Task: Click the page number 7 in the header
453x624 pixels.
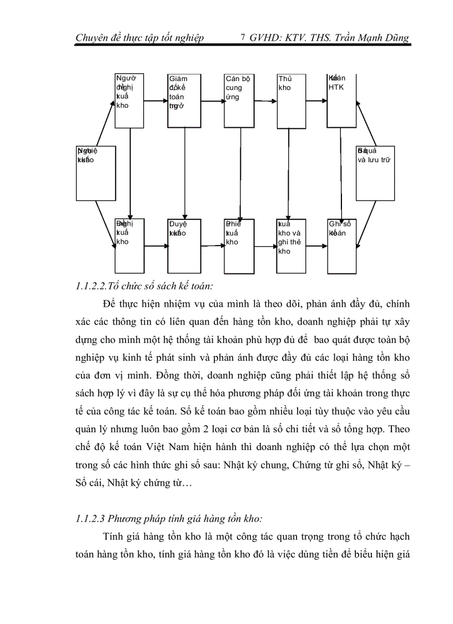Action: click(x=243, y=38)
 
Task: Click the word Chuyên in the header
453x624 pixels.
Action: click(x=92, y=38)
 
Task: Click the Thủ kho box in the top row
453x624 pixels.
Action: click(x=291, y=100)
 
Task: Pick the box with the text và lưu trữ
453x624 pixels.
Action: click(x=375, y=173)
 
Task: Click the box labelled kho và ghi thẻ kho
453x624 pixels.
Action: click(x=291, y=246)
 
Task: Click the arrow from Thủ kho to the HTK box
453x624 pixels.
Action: click(x=317, y=101)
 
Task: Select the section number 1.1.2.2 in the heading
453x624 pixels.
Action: click(x=92, y=287)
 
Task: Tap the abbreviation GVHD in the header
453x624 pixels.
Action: click(x=266, y=38)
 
